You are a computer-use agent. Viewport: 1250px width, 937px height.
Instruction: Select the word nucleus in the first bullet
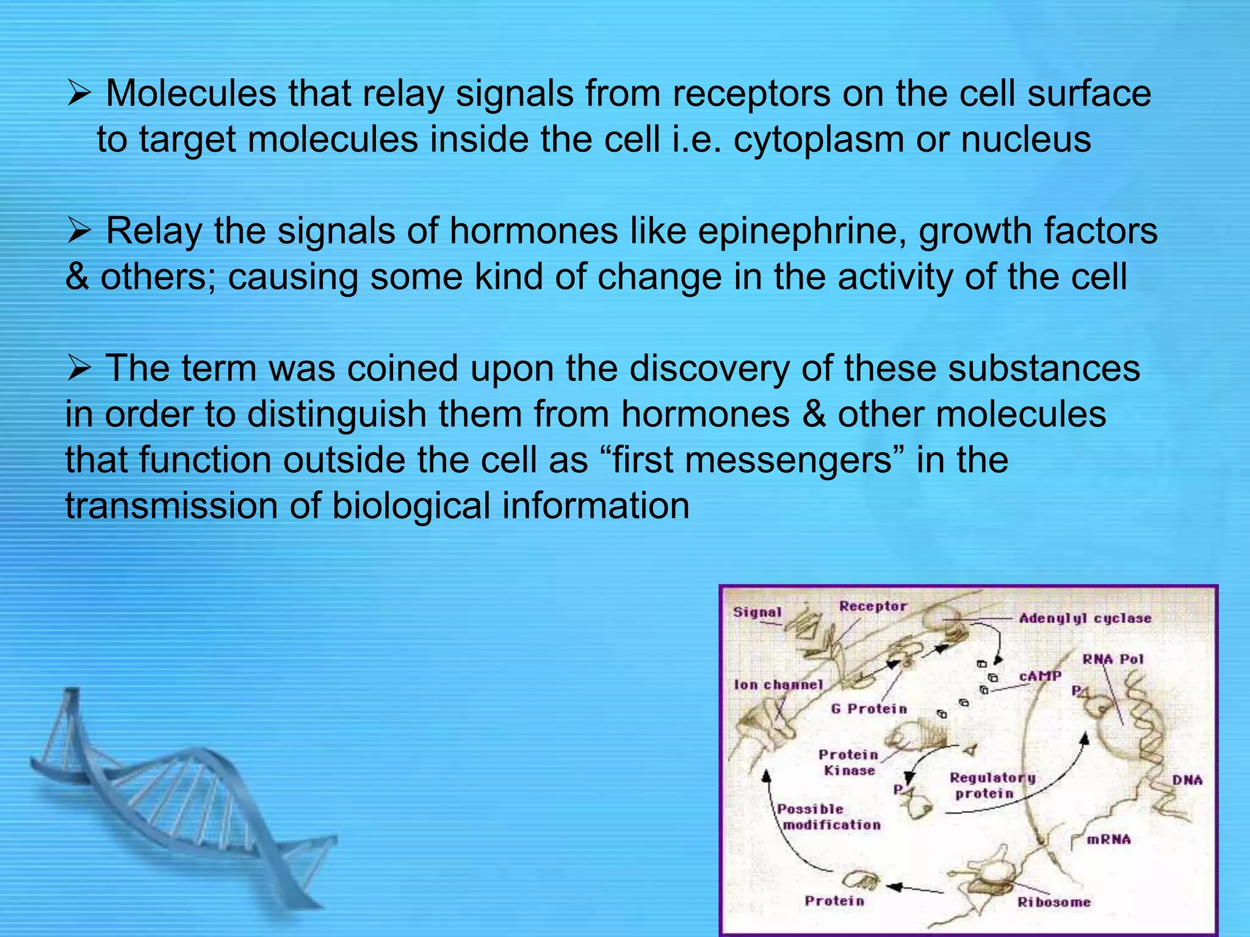tap(1026, 139)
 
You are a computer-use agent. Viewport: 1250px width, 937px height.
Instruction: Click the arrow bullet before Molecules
tap(79, 95)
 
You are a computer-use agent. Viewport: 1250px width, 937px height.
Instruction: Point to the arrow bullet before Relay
tap(79, 232)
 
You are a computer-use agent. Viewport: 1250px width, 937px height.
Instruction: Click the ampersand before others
tap(77, 277)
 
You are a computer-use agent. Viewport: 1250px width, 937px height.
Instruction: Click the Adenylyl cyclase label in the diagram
tap(1085, 619)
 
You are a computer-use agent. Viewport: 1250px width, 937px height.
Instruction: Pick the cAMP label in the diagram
tap(1040, 676)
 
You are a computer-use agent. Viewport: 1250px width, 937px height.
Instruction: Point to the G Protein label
tap(869, 709)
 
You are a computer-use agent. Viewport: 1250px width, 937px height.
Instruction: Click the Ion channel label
tap(778, 685)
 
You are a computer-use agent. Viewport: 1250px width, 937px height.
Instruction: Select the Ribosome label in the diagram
tap(1053, 902)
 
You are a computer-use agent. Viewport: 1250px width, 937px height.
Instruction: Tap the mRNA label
tap(1108, 839)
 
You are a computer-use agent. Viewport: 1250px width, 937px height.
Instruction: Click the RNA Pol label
tap(1113, 659)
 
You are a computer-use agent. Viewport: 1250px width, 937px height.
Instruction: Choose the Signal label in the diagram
tap(757, 612)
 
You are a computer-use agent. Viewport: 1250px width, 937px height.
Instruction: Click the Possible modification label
tap(829, 817)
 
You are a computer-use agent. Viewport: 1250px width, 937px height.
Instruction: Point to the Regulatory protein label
tap(992, 786)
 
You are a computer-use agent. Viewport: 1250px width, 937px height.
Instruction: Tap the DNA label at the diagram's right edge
tap(1187, 780)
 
